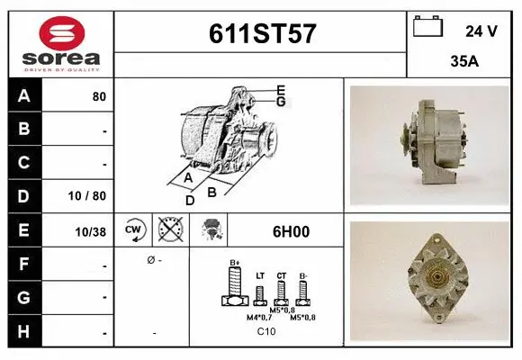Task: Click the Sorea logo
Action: coord(61,42)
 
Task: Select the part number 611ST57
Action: coord(261,33)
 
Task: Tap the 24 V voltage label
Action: coord(481,31)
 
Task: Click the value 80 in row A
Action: coord(99,96)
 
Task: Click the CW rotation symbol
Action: coord(134,230)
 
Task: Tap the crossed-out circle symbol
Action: coord(168,230)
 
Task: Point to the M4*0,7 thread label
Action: coord(259,317)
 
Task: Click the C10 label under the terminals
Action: coord(266,332)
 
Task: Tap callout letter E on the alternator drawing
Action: coord(281,89)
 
